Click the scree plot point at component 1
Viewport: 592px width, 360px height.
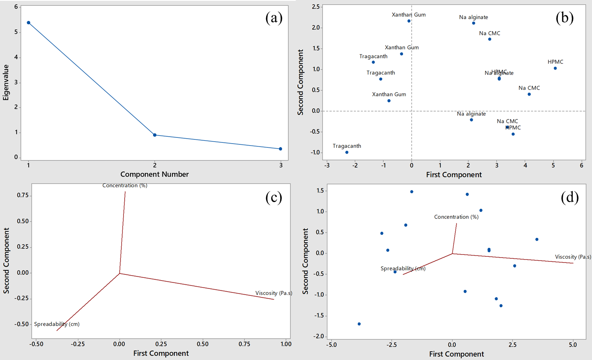tap(28, 23)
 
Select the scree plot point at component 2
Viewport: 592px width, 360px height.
tap(155, 135)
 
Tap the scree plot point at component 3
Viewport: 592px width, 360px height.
tap(281, 149)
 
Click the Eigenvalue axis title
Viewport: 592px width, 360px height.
tap(6, 82)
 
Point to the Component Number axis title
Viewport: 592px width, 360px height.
tap(154, 174)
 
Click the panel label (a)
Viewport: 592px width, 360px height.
tap(274, 18)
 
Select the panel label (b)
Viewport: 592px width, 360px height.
tap(564, 18)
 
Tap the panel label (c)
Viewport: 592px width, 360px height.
tap(274, 197)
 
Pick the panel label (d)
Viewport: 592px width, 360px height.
tap(570, 197)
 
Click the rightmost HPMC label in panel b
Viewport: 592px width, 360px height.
tap(555, 62)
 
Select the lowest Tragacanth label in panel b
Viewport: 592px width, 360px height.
tap(347, 146)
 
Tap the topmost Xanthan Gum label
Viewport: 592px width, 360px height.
tap(409, 15)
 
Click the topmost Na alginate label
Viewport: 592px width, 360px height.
tap(474, 17)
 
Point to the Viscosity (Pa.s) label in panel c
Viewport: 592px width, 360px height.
tap(274, 293)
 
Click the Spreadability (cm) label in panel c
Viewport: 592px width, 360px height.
tap(57, 324)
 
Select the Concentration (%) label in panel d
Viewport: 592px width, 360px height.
tap(456, 217)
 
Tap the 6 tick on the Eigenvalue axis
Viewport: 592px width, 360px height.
tap(16, 7)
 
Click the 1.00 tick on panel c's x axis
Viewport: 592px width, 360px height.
tap(286, 344)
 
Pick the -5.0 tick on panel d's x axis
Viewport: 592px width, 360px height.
tap(332, 345)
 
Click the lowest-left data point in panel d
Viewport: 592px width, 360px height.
tap(359, 324)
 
